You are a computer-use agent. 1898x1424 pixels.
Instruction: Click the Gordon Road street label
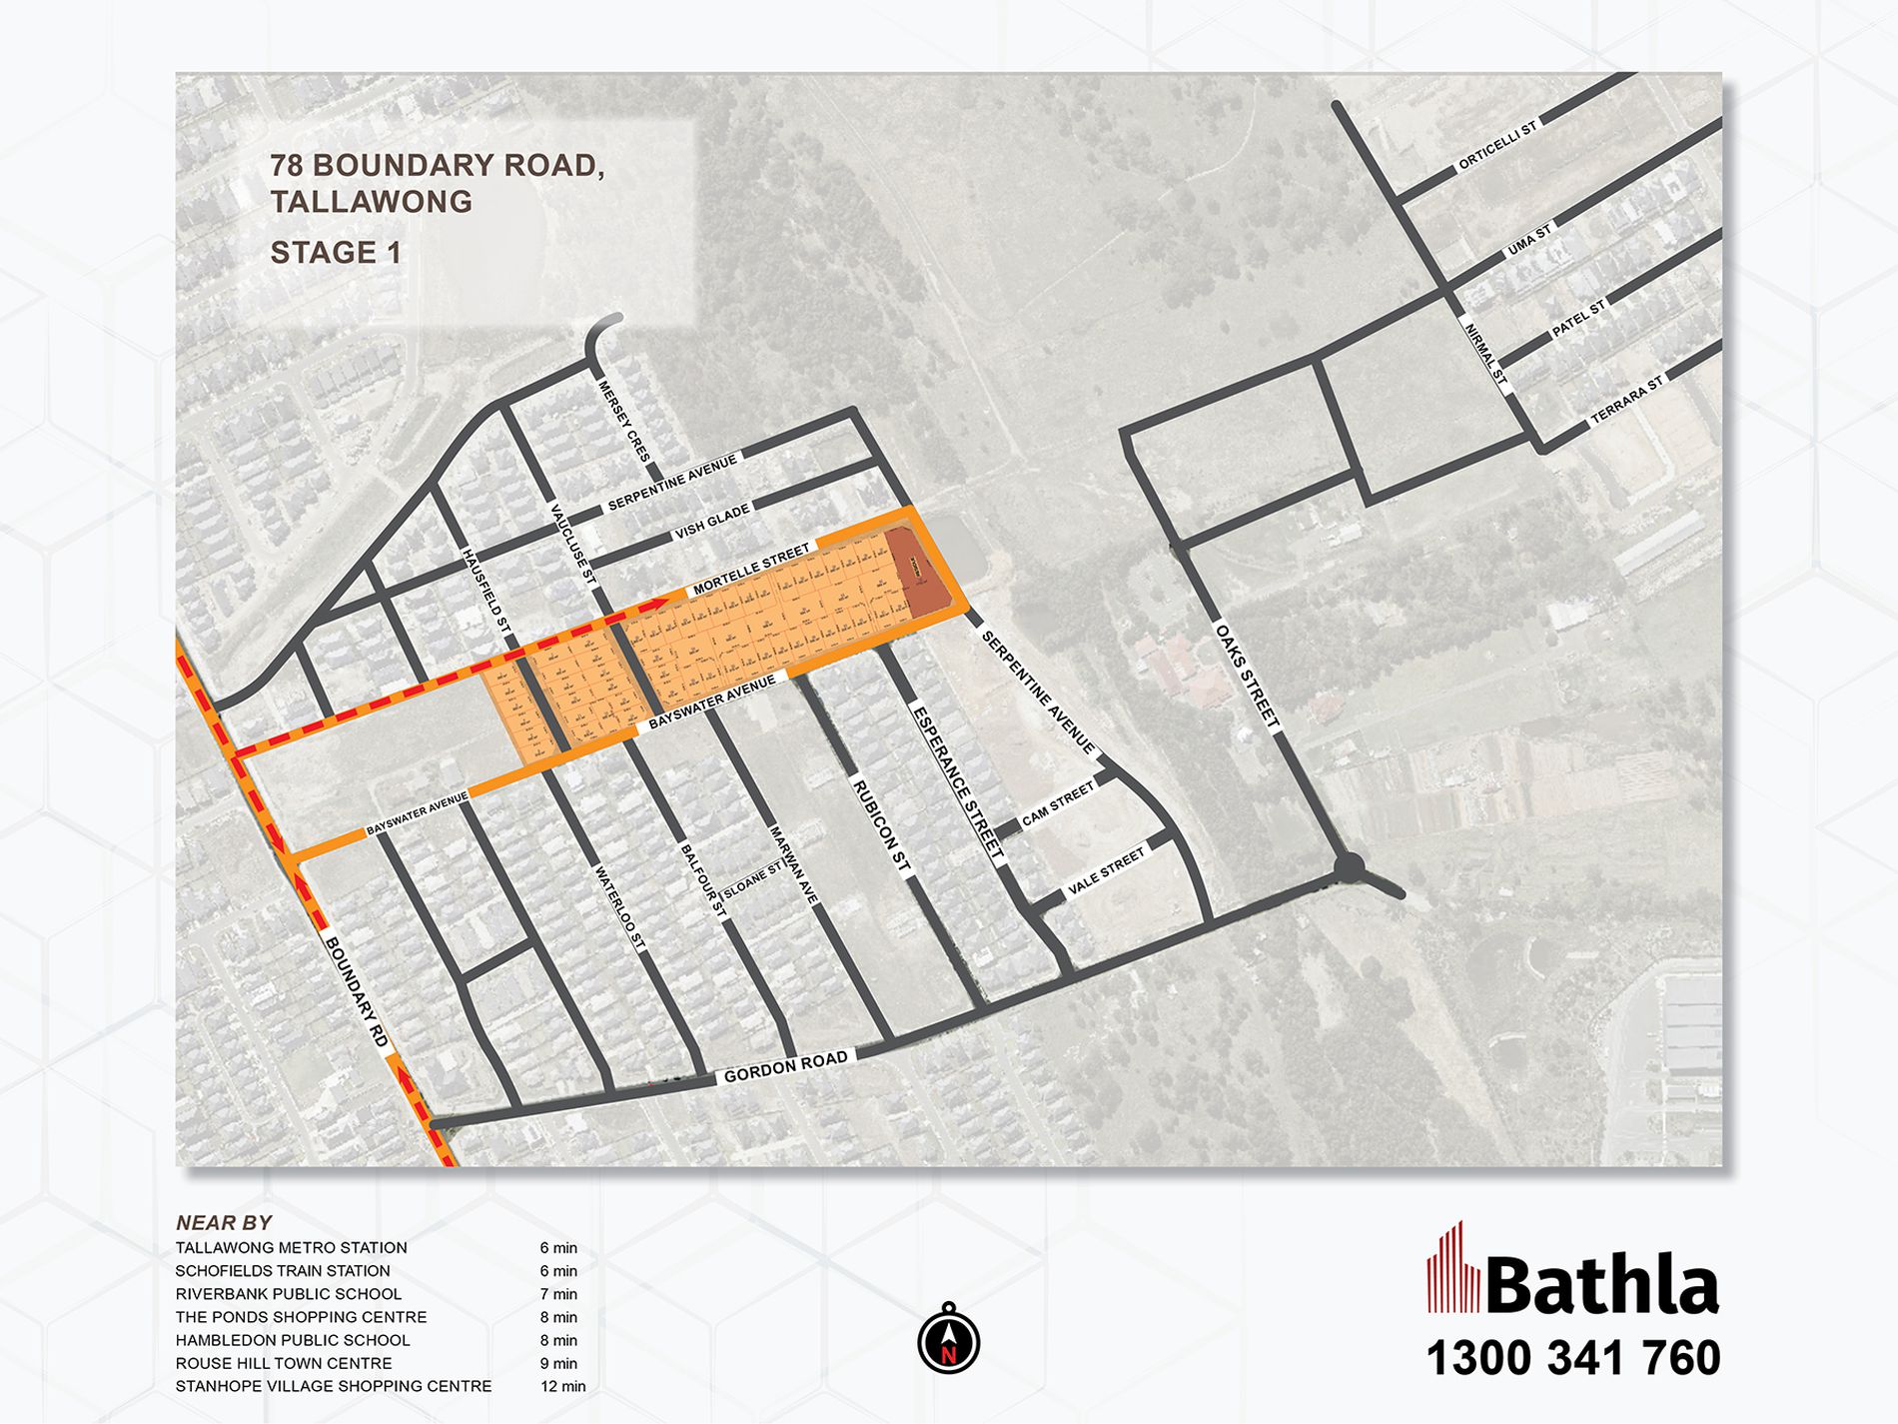(785, 1066)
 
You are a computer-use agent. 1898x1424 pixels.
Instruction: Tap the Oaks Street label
(1247, 675)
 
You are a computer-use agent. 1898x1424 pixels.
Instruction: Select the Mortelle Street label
(751, 570)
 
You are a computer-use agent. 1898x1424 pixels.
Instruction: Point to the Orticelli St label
(1496, 147)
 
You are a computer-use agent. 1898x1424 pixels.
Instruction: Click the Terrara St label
(1627, 399)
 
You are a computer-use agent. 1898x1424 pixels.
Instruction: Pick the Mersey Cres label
(624, 420)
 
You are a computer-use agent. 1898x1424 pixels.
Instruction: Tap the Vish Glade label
(712, 522)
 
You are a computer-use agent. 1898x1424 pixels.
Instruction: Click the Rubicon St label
(881, 825)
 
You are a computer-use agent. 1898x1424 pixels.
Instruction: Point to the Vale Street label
(1106, 871)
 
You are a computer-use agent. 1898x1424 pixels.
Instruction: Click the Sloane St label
(752, 880)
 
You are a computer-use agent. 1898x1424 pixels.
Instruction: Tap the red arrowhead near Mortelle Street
(662, 602)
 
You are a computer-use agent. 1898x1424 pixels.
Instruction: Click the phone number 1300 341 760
(1572, 1359)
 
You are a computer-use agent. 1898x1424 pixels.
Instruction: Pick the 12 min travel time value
(562, 1386)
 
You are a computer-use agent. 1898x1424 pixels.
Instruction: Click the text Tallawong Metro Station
(292, 1248)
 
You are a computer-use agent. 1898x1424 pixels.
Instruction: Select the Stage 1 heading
(336, 253)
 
